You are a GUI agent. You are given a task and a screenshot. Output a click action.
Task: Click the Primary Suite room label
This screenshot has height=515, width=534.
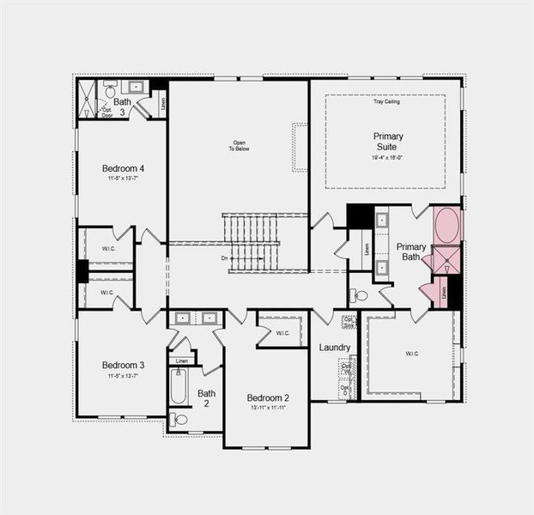(x=388, y=142)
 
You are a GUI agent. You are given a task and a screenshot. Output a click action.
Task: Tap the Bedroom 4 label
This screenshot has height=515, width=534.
(x=122, y=168)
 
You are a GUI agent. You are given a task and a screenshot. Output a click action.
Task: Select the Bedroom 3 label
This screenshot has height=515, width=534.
(x=122, y=365)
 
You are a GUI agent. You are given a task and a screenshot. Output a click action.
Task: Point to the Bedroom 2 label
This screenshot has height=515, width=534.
(x=268, y=397)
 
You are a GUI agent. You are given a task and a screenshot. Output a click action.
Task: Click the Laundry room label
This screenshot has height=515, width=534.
(x=335, y=348)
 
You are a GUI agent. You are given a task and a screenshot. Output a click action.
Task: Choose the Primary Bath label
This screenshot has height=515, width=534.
(x=411, y=251)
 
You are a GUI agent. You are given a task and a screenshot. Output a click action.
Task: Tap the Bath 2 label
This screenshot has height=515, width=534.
(x=207, y=399)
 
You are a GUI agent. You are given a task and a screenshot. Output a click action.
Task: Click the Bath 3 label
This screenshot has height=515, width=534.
(x=122, y=106)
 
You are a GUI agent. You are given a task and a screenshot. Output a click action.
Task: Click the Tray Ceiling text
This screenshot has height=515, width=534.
(x=386, y=102)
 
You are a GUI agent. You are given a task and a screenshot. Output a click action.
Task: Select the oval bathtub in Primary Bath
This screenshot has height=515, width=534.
(x=446, y=226)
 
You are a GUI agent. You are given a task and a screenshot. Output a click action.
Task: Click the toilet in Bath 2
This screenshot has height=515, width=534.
(x=179, y=420)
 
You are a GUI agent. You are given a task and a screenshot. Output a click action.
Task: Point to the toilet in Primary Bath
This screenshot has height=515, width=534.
(x=360, y=295)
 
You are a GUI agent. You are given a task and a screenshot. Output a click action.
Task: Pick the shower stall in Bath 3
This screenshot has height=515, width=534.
(x=87, y=99)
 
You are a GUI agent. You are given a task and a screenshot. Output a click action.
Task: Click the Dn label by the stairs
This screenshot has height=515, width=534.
(x=225, y=257)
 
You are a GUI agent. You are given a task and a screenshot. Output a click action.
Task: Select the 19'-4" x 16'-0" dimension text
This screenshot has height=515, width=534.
(x=388, y=158)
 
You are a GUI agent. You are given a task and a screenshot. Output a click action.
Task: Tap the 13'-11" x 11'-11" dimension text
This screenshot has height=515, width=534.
(x=268, y=409)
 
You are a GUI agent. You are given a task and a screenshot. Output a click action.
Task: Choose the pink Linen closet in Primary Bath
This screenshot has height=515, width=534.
(x=443, y=292)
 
